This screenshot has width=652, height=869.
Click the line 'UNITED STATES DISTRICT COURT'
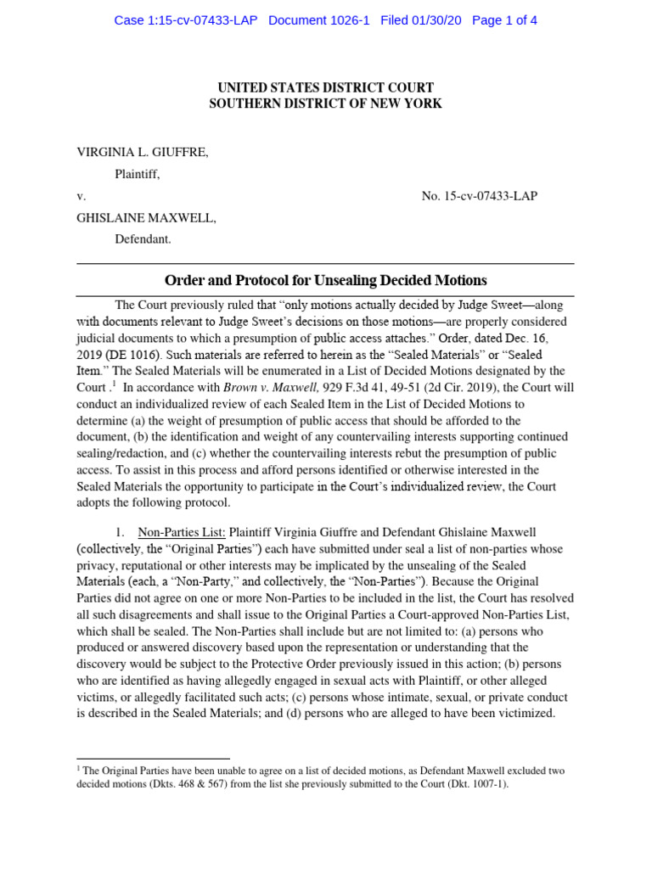pyautogui.click(x=325, y=88)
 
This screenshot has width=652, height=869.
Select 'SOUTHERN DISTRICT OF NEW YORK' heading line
pyautogui.click(x=325, y=104)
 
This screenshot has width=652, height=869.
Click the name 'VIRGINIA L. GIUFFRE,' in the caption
pyautogui.click(x=143, y=152)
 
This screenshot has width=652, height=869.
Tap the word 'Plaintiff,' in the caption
pyautogui.click(x=138, y=174)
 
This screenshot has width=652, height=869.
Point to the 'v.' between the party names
pyautogui.click(x=81, y=196)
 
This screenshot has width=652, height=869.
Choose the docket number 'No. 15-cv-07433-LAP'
pyautogui.click(x=479, y=196)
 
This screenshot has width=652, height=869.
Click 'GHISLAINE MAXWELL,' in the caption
pyautogui.click(x=147, y=218)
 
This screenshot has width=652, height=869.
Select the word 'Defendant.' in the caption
pyautogui.click(x=143, y=239)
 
